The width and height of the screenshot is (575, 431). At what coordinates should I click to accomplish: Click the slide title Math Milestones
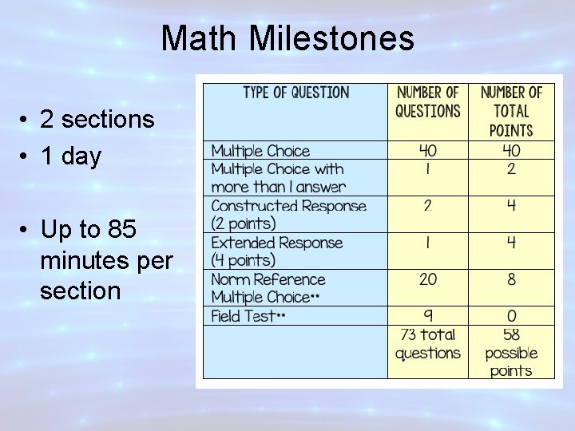(287, 38)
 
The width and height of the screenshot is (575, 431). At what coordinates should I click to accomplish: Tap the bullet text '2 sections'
(97, 120)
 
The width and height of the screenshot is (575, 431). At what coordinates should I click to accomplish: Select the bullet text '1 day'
(71, 156)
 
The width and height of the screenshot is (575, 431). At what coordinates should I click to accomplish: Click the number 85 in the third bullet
(121, 230)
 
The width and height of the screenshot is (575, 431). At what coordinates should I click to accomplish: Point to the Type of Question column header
(295, 93)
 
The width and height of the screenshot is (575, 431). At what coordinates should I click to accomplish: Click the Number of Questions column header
(428, 102)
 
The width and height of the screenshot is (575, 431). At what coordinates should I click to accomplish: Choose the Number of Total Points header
(511, 111)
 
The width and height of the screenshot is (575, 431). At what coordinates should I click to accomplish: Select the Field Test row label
(248, 316)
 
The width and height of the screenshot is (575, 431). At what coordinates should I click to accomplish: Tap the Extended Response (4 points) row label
(276, 251)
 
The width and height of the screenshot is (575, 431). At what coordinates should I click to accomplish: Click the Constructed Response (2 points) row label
(288, 215)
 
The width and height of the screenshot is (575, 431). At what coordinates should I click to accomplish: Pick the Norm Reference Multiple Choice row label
(268, 288)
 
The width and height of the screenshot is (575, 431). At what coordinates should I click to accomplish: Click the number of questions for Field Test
(428, 316)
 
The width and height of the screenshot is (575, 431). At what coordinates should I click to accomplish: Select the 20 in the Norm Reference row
(428, 279)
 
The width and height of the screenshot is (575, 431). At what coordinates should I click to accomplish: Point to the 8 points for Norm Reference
(511, 279)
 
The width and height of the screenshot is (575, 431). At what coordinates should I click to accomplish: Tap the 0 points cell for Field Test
(511, 316)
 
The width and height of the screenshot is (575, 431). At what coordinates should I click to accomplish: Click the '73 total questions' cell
(428, 344)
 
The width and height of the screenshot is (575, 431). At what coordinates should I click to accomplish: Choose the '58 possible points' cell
(511, 353)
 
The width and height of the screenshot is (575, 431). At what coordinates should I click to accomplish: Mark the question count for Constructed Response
(428, 206)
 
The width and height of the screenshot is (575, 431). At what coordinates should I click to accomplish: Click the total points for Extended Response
(511, 243)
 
